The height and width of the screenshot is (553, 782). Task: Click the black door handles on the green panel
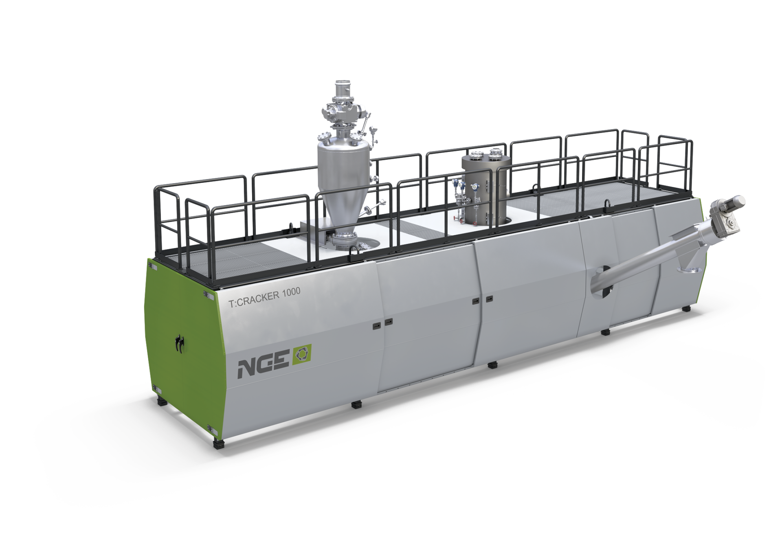tap(179, 342)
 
